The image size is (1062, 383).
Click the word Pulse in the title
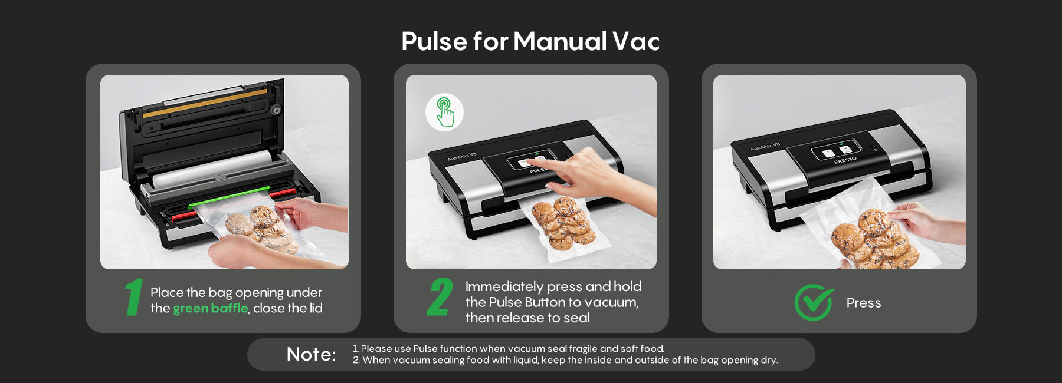tap(434, 42)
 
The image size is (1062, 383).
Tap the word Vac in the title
tap(635, 42)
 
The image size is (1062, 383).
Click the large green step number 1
tap(135, 297)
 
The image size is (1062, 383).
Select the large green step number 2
tap(440, 297)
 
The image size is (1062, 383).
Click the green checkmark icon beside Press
tap(814, 302)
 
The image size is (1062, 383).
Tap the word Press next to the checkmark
tap(864, 303)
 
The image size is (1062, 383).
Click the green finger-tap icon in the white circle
tap(445, 112)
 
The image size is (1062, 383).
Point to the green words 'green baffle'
tap(211, 308)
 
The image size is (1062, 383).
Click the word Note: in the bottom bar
tap(312, 354)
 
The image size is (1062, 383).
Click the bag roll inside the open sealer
tap(212, 169)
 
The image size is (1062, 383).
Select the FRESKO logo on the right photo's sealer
tap(845, 160)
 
